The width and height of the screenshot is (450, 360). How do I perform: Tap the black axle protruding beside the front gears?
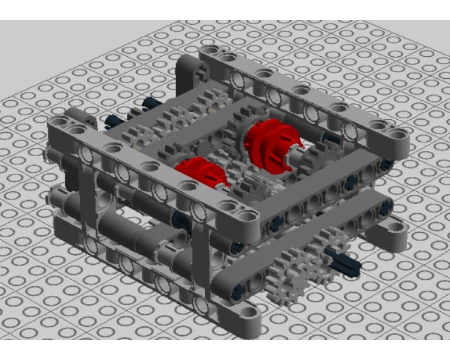coord(344,261)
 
